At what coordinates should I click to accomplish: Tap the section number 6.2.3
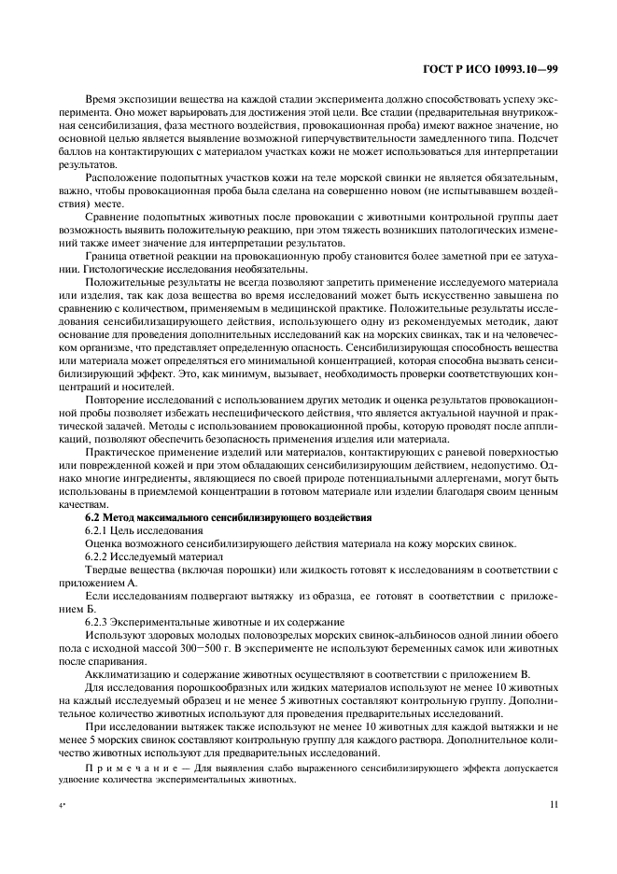tap(99, 622)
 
